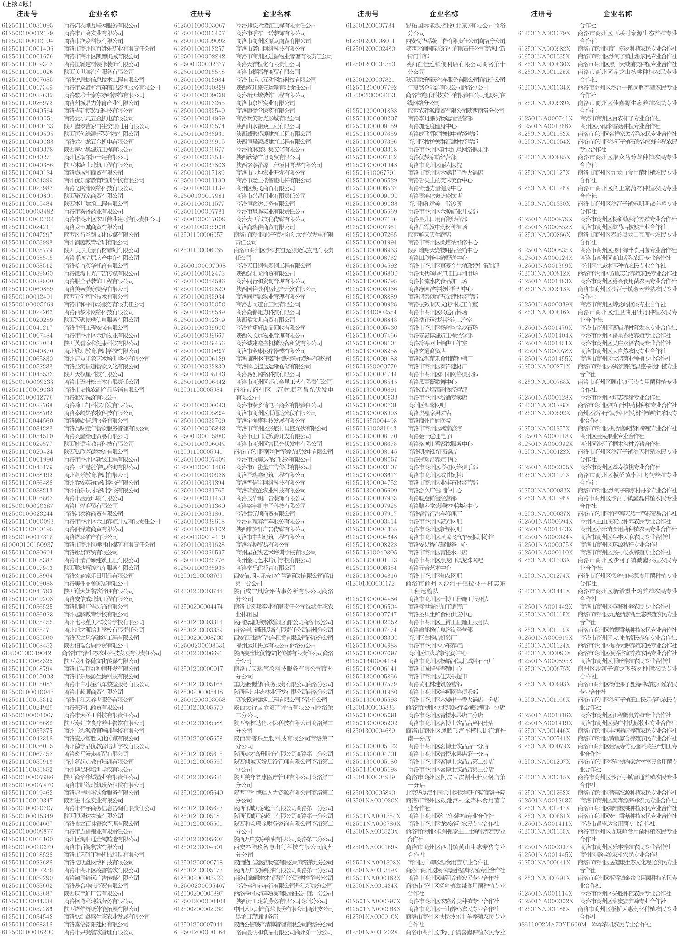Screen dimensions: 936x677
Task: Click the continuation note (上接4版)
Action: tap(17, 4)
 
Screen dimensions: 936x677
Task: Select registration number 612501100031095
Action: tap(28, 25)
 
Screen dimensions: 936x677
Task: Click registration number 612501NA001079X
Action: tap(544, 33)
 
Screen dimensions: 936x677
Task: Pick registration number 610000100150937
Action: tap(28, 545)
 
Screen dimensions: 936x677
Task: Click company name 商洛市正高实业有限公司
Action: tap(94, 33)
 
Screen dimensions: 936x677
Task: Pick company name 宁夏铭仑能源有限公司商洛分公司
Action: tap(448, 87)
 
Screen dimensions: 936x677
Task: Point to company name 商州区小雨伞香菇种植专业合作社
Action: tap(621, 126)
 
